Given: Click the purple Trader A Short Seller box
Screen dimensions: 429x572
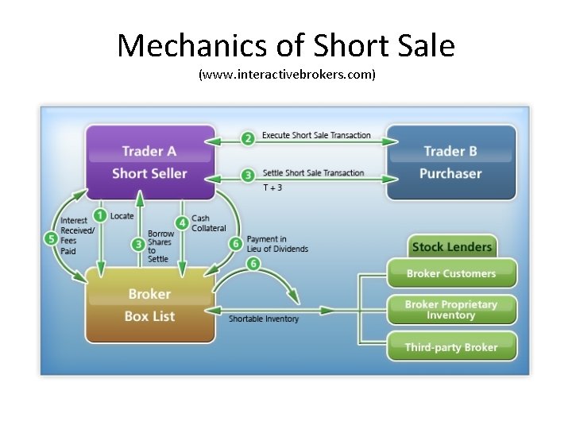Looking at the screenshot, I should [149, 162].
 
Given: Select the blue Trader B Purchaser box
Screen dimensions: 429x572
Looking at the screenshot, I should [450, 162].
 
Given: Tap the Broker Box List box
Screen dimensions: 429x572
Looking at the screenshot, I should [149, 305].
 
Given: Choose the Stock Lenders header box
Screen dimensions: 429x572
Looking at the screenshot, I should [452, 246].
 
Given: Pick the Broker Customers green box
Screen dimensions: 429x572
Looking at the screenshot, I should [451, 273].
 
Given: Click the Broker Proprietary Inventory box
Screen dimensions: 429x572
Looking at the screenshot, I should [451, 310].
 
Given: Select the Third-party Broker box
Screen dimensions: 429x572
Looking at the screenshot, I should [451, 347].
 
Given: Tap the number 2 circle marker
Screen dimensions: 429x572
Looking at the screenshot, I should [248, 138].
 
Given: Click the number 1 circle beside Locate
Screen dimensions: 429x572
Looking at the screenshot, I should [100, 215].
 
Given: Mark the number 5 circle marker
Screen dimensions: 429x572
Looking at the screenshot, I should [52, 238].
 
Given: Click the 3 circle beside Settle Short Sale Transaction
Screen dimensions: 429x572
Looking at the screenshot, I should [248, 175].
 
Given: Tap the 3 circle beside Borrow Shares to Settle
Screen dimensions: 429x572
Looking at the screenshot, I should [138, 244].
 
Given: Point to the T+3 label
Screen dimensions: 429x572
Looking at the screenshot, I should [272, 188].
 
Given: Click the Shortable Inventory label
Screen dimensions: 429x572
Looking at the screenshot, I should [264, 319].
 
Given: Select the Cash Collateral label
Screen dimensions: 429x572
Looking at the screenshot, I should [208, 223].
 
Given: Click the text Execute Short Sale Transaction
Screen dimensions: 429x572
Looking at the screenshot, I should [316, 135].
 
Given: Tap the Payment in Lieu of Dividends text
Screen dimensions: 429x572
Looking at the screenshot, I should [277, 244].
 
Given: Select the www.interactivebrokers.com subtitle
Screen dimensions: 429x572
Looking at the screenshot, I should [286, 75].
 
